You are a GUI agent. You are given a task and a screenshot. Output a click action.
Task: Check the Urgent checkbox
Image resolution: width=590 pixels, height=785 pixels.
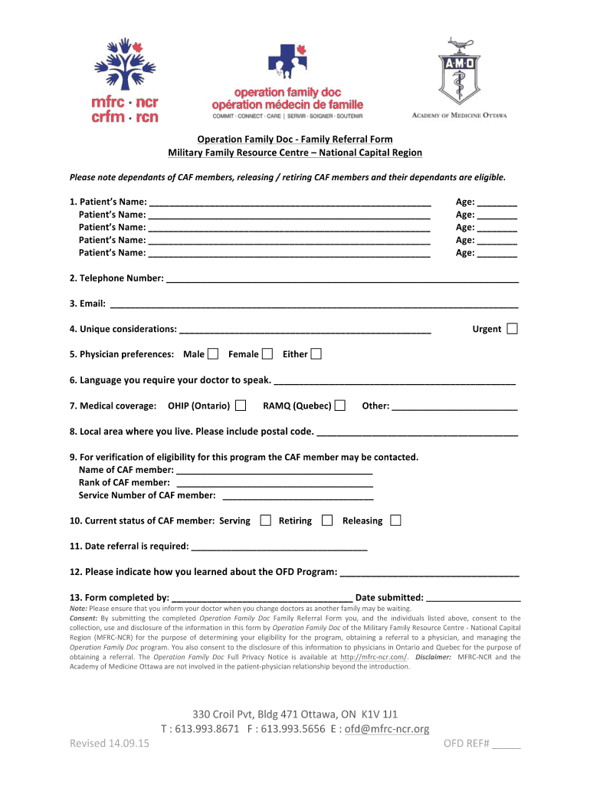[x=512, y=329]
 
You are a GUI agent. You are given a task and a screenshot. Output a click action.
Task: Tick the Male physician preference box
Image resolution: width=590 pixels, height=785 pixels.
[x=213, y=353]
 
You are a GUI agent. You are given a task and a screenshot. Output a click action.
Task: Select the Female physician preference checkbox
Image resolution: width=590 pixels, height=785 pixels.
[x=267, y=353]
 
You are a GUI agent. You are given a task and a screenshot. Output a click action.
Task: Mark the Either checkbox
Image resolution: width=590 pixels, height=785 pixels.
[x=316, y=353]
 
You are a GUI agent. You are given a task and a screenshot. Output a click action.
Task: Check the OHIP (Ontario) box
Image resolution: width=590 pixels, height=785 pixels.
[x=241, y=405]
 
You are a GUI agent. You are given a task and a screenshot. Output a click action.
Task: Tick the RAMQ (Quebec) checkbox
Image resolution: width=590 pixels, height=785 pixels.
[x=340, y=405]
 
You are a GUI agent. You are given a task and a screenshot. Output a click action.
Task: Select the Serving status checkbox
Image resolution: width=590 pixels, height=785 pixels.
[x=265, y=521]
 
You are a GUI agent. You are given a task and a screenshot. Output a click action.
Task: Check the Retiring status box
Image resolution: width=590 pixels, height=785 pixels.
[x=327, y=521]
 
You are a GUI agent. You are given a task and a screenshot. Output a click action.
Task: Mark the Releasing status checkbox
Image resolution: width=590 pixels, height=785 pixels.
[x=395, y=521]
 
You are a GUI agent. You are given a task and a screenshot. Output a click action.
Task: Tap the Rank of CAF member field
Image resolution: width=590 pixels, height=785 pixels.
[x=274, y=483]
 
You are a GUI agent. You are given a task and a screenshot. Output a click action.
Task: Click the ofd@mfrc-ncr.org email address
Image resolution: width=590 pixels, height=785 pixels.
[x=386, y=728]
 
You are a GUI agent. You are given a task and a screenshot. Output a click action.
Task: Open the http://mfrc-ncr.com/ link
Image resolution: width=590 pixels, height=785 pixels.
[x=374, y=657]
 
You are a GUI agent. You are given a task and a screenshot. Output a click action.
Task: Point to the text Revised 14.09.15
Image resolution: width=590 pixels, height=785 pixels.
[x=110, y=744]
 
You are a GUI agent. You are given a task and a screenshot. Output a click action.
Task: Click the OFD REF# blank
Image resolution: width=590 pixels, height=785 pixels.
[x=506, y=745]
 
